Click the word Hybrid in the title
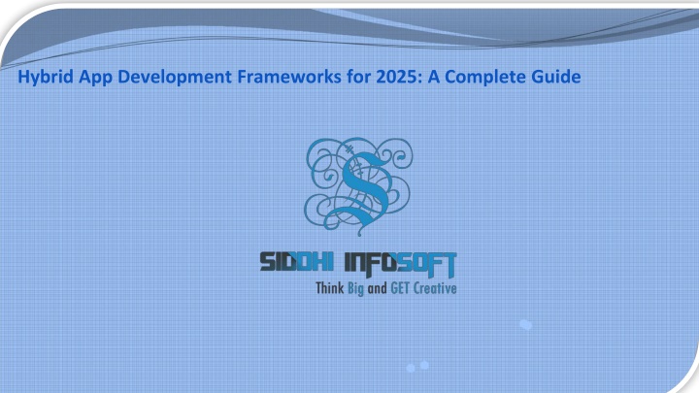(46, 77)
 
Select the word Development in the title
(175, 77)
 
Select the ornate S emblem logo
(358, 186)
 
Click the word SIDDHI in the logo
(297, 262)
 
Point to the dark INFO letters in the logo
(371, 263)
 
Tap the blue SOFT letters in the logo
(427, 264)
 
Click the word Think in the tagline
(330, 288)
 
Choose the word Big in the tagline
(355, 289)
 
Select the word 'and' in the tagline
(377, 289)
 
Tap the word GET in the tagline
(400, 288)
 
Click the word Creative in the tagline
(435, 288)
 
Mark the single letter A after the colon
(434, 77)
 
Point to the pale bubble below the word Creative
(526, 325)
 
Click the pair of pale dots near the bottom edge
(417, 366)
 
